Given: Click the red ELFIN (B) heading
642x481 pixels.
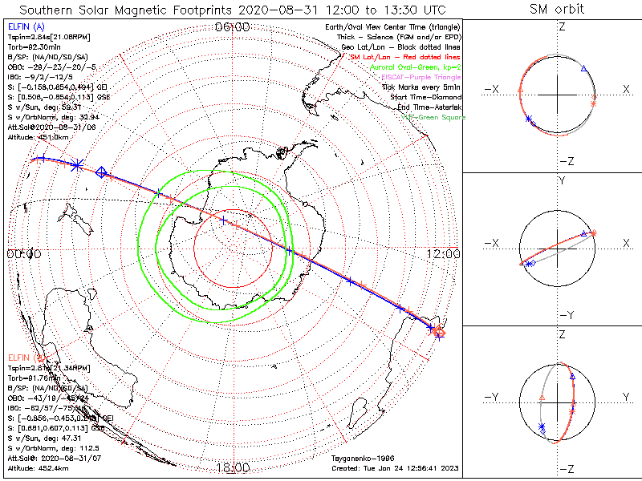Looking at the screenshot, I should [x=25, y=356].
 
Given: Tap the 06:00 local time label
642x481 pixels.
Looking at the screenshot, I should [x=234, y=26].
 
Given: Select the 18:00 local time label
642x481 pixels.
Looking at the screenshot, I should [x=234, y=467].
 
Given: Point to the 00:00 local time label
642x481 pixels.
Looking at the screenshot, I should [x=23, y=254].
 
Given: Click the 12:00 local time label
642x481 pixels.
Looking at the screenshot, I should [x=443, y=254].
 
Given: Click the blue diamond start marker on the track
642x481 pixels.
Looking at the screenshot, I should [x=102, y=172].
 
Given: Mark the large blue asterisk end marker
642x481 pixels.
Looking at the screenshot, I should [x=76, y=164].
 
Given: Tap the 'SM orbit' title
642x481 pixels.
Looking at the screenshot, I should [x=557, y=10].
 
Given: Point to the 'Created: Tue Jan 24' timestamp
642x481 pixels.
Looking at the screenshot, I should [x=392, y=467].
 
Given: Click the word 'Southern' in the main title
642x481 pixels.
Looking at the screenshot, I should [x=52, y=10].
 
